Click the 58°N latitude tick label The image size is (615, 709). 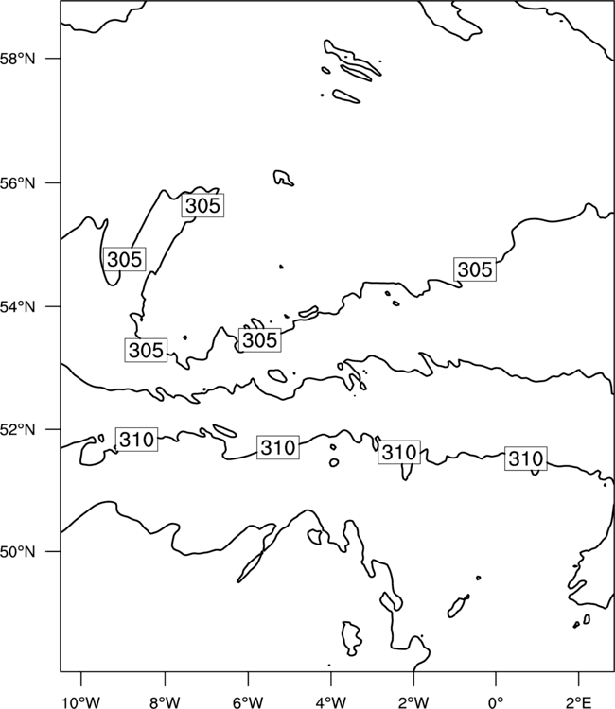click(17, 59)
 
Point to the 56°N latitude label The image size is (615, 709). click(17, 183)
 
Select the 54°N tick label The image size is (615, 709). click(17, 307)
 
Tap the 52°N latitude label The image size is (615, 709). click(17, 429)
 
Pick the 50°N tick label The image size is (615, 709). click(17, 552)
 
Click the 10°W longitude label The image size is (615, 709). click(81, 702)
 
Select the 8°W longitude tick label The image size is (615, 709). click(165, 702)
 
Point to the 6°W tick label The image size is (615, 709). click(248, 702)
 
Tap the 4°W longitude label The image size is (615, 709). click(331, 702)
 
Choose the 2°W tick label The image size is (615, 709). click(413, 702)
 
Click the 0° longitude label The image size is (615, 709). click(497, 702)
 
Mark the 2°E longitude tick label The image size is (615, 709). click(579, 702)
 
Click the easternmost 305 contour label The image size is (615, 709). click(475, 269)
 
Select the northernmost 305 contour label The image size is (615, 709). click(202, 205)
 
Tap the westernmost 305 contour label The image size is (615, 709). click(125, 259)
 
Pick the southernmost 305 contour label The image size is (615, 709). click(146, 350)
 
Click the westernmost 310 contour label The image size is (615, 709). click(136, 439)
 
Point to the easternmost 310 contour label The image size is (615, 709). click(526, 458)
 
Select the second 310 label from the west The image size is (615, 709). click(278, 448)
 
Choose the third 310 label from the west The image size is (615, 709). click(399, 452)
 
